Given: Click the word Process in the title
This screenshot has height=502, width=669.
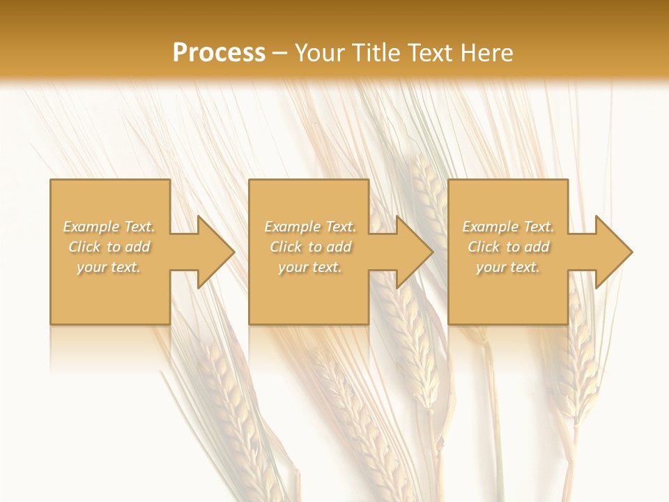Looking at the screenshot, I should pyautogui.click(x=219, y=53).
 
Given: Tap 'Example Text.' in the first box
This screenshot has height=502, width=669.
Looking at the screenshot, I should pyautogui.click(x=109, y=227).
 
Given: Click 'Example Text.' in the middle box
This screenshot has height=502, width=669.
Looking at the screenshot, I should pyautogui.click(x=310, y=227).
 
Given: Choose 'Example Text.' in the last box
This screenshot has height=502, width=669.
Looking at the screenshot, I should pyautogui.click(x=508, y=227).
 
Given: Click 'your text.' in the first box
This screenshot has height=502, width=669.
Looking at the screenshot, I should pyautogui.click(x=109, y=267).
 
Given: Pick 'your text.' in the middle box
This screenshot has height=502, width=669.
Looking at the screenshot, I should pyautogui.click(x=310, y=267).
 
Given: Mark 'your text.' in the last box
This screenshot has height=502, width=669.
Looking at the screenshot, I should pyautogui.click(x=508, y=267).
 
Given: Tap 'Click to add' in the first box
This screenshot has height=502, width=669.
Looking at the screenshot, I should pyautogui.click(x=109, y=247).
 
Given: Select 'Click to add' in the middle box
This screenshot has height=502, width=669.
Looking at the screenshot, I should pyautogui.click(x=310, y=247).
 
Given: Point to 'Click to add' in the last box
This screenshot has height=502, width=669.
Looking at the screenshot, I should pyautogui.click(x=508, y=247).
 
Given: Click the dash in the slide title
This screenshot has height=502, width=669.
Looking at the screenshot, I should pyautogui.click(x=280, y=53).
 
